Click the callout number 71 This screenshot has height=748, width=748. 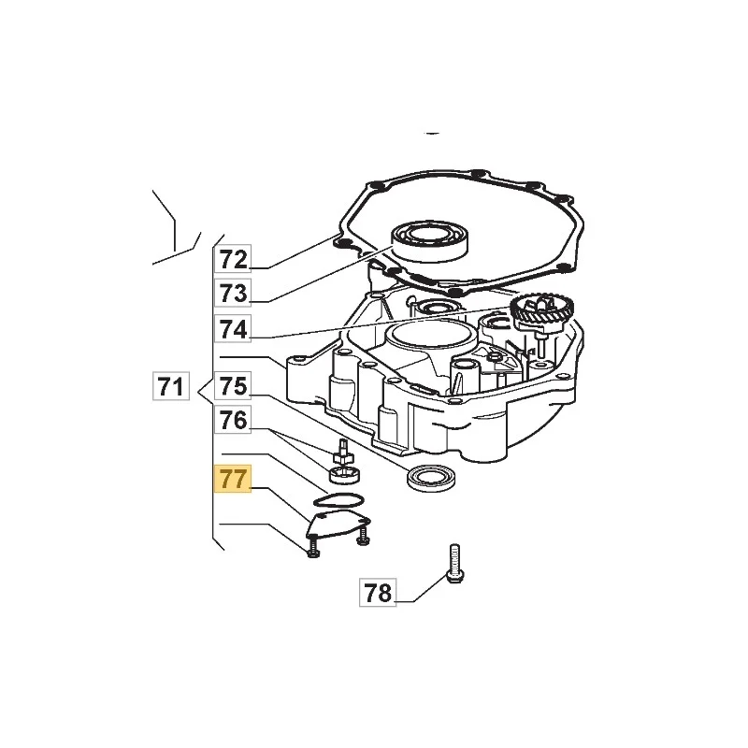click(171, 385)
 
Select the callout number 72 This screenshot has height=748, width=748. click(233, 259)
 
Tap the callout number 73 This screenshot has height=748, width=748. click(233, 293)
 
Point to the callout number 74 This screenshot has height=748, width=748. click(233, 329)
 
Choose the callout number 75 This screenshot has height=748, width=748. click(233, 385)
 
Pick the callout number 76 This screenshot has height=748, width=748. click(233, 419)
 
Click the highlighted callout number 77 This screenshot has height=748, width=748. click(233, 479)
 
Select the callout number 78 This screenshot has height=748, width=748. click(378, 593)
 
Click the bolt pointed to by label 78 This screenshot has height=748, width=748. click(454, 564)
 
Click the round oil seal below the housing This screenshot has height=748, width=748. click(432, 477)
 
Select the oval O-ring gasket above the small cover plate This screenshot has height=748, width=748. click(338, 501)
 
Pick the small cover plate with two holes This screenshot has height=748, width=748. click(338, 525)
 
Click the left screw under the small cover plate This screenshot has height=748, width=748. click(313, 548)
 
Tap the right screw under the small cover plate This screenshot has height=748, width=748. click(364, 536)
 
